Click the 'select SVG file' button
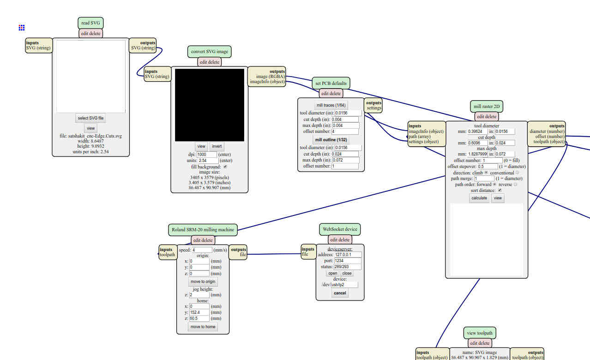[90, 118]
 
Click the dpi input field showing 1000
[206, 154]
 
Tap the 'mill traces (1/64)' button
[331, 105]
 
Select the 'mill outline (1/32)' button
[331, 139]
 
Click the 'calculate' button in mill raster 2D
[479, 198]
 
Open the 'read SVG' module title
[90, 23]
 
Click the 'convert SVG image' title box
[210, 52]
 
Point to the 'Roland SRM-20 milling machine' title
[203, 230]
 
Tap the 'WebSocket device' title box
[340, 229]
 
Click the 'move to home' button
[203, 327]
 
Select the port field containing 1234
[348, 261]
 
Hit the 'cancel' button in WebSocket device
[340, 293]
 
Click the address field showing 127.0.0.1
[348, 255]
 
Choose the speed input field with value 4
[202, 250]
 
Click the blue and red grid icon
[22, 28]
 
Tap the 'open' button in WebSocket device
[333, 273]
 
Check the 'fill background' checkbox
[225, 167]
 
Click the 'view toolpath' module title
[480, 333]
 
